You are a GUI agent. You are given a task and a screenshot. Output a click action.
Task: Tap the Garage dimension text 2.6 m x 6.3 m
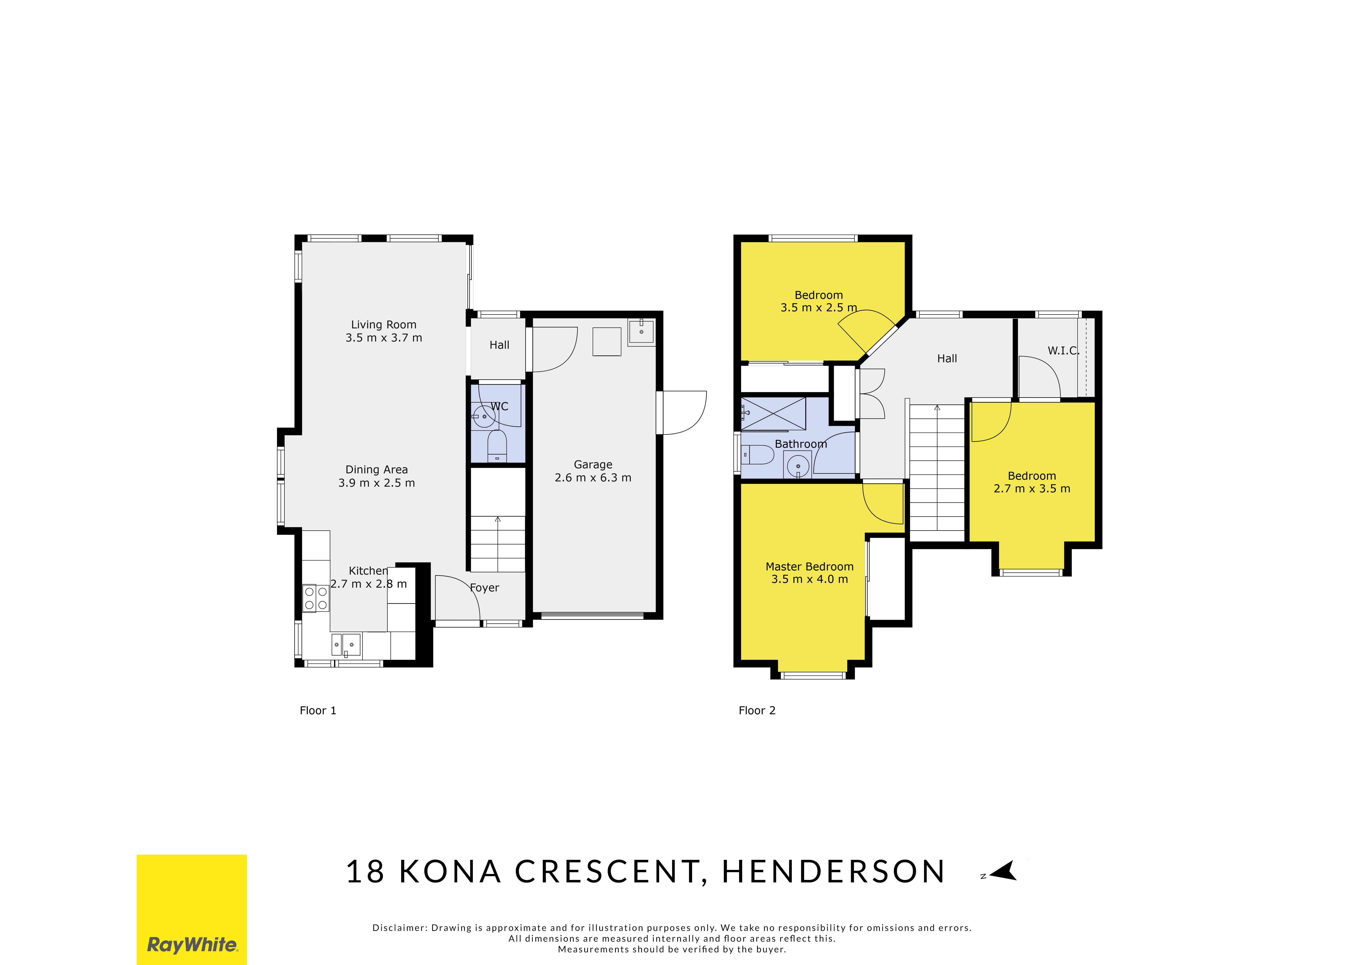tap(593, 478)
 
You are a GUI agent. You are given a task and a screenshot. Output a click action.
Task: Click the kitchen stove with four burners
tap(315, 598)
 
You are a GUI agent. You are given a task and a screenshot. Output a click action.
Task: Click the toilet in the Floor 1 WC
tap(497, 446)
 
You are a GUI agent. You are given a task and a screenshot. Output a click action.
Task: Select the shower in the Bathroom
tap(773, 414)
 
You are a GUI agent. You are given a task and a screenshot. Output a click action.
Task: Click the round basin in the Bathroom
tap(798, 466)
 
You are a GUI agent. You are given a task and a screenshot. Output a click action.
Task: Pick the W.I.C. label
tap(1063, 351)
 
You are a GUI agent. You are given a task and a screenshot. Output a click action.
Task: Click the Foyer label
tap(484, 588)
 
